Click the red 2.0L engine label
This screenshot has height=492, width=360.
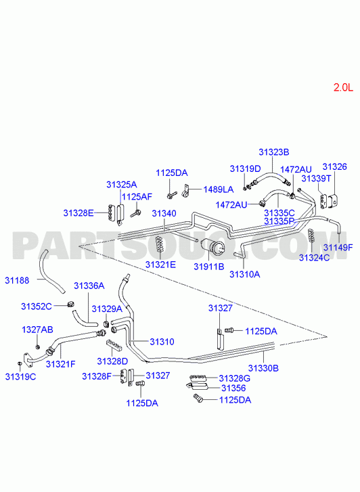coord(343,87)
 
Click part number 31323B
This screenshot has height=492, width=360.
coord(273,152)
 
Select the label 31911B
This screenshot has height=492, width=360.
coord(208,267)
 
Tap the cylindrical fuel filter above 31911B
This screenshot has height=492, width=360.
coord(212,246)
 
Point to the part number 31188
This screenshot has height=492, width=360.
coord(17,281)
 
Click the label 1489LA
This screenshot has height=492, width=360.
coord(219,189)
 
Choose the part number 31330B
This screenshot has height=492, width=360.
coord(263,368)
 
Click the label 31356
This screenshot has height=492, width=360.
coord(233,388)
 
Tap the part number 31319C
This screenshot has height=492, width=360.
coord(20,377)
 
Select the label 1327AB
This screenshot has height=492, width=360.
coord(37,330)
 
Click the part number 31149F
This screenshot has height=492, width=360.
coord(338,248)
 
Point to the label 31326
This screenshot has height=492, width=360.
coord(334,166)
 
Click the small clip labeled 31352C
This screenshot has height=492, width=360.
coord(70,304)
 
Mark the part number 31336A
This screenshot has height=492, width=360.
coord(89,286)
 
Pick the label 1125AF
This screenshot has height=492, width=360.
coord(137,197)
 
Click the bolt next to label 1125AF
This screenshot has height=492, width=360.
coord(136,213)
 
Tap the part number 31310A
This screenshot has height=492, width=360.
coord(245,275)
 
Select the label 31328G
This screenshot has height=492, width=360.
coord(234,378)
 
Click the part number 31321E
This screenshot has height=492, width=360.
coord(160,265)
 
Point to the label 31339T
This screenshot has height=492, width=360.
coord(316,179)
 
